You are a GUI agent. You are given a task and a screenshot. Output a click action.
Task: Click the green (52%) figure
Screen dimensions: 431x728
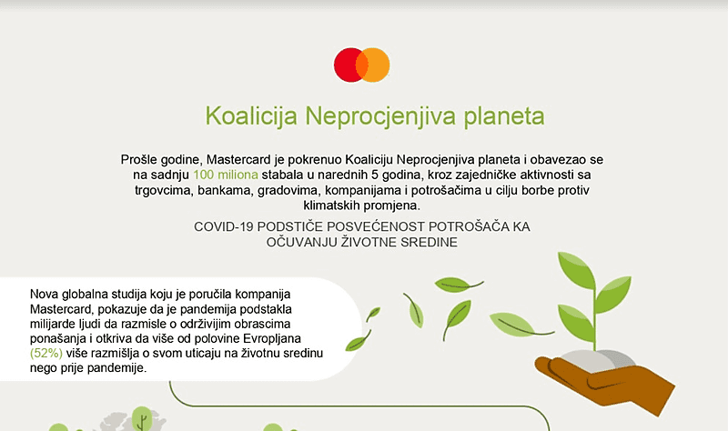(x=45, y=354)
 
